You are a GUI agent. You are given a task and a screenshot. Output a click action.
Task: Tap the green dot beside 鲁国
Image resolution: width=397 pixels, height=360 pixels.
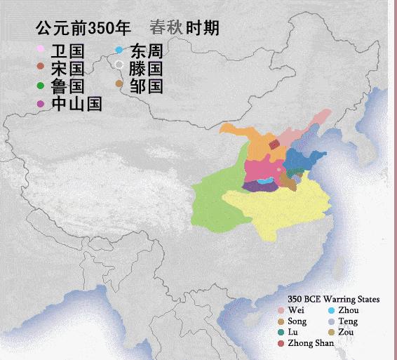click(x=40, y=86)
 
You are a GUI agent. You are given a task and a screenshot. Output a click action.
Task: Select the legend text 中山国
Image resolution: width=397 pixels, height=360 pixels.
click(x=76, y=104)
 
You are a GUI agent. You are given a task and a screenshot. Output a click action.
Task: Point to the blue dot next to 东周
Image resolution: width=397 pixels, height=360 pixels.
click(x=119, y=50)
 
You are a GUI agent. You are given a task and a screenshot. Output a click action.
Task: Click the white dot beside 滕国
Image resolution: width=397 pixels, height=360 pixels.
click(x=119, y=66)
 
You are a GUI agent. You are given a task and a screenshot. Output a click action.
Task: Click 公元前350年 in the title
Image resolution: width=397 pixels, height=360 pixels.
click(x=83, y=28)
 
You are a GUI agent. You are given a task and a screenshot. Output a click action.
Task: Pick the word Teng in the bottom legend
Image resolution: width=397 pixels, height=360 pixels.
click(x=347, y=321)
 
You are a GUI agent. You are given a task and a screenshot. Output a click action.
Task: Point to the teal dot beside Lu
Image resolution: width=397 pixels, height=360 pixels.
click(x=281, y=333)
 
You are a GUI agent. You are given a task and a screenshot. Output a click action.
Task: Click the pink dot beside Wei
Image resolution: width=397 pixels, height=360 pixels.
click(x=281, y=310)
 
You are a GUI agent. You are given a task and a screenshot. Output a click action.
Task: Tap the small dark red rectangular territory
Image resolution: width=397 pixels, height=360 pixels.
click(x=274, y=145)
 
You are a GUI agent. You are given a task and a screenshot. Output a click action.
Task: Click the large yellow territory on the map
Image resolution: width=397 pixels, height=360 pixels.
click(x=281, y=211)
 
